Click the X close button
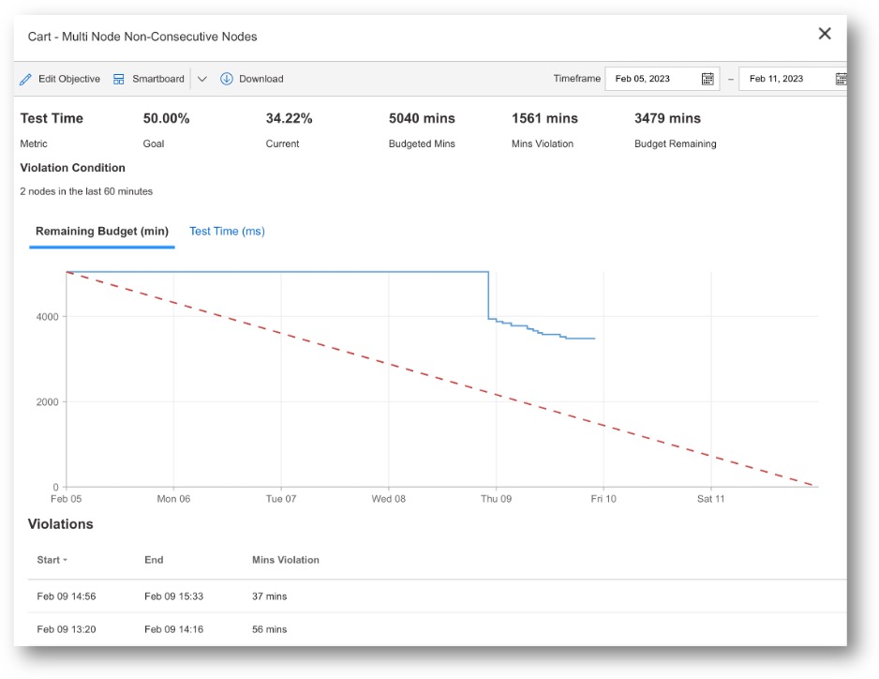(x=825, y=34)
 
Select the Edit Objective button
(x=60, y=79)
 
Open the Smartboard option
(x=149, y=79)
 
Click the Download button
(x=252, y=79)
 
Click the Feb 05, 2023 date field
(x=652, y=79)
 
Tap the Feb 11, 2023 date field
(x=785, y=79)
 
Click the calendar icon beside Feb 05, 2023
(x=708, y=79)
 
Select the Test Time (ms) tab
(x=227, y=232)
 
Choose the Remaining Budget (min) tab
(x=102, y=232)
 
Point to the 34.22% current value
(x=289, y=119)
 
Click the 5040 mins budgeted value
(x=422, y=119)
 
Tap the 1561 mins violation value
(x=544, y=119)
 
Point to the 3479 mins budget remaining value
(x=667, y=119)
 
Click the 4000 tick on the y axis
(x=47, y=317)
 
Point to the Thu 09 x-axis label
(x=496, y=499)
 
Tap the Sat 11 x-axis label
(x=710, y=499)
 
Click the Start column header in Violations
(x=50, y=560)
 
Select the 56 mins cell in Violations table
(x=270, y=629)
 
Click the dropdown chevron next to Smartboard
(x=202, y=79)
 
